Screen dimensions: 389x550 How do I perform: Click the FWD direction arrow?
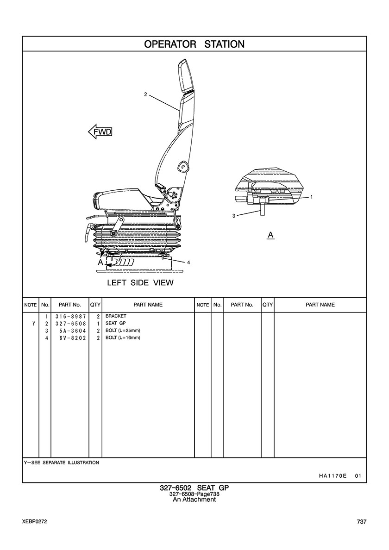[x=100, y=132]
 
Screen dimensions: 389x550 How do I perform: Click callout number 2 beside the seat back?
[x=145, y=94]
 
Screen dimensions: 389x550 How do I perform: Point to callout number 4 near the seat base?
[x=189, y=262]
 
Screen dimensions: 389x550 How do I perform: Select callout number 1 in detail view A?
[x=312, y=197]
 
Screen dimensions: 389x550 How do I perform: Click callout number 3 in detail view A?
[x=234, y=216]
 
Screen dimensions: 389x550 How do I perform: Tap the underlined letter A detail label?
[x=270, y=235]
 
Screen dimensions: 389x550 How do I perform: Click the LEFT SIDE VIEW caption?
[x=140, y=283]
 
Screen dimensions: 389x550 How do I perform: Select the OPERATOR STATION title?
[x=194, y=44]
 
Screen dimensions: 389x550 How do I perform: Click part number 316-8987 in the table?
[x=70, y=316]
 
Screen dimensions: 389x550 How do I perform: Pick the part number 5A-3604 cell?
[x=73, y=331]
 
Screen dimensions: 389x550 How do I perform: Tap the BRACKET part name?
[x=116, y=316]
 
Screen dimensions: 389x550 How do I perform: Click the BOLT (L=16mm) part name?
[x=123, y=338]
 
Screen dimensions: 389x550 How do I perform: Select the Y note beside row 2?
[x=34, y=324]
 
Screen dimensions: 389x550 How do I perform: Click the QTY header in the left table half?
[x=95, y=305]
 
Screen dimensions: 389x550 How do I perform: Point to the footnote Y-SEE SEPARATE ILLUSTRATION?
[x=62, y=462]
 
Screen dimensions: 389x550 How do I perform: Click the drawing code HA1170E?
[x=333, y=476]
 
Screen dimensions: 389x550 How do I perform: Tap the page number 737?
[x=362, y=522]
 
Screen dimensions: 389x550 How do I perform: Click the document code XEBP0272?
[x=34, y=522]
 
